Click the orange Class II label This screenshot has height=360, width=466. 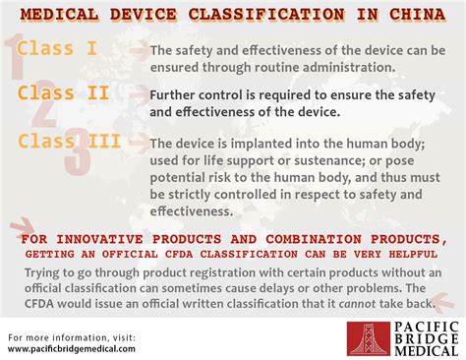61,93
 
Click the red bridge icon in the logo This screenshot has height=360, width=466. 369,336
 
